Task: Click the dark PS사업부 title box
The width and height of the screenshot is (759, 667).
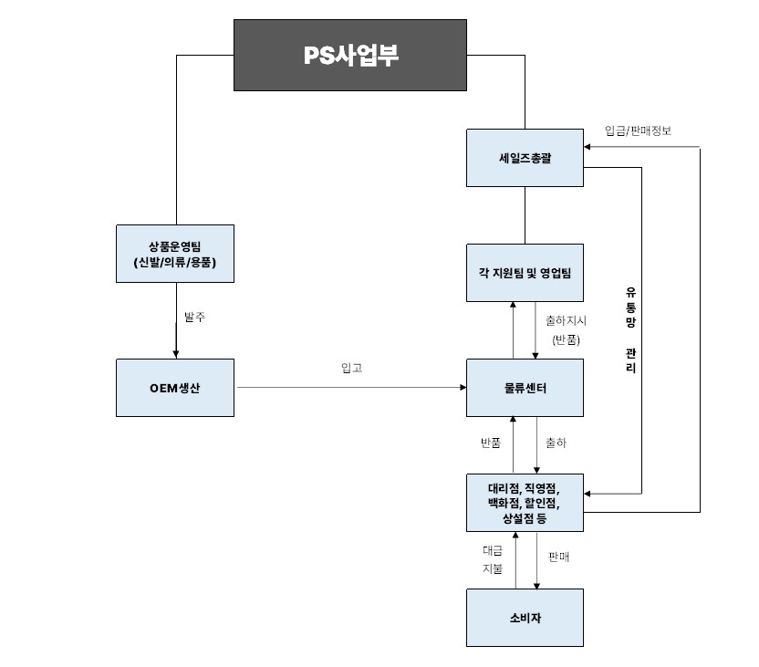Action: (350, 55)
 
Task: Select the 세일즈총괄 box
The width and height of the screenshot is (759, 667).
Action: (525, 158)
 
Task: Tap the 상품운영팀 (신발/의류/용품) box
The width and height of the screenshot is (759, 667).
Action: (175, 254)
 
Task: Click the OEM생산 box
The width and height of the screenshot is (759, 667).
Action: (175, 388)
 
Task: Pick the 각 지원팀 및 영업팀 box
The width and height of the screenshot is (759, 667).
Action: (525, 273)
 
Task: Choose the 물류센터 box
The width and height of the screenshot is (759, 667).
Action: (525, 388)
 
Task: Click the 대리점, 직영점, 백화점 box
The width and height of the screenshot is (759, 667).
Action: (525, 503)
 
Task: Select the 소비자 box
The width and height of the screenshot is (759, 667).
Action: (525, 618)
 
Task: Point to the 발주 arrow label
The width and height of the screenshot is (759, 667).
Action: (194, 317)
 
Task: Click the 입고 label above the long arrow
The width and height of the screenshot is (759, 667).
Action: (352, 368)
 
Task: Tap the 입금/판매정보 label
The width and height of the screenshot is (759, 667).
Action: (638, 130)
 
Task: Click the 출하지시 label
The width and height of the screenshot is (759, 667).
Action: (566, 320)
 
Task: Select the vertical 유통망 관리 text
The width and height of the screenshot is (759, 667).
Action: (630, 330)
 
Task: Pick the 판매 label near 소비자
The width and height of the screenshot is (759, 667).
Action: (558, 557)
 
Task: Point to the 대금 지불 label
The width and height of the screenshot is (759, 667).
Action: (493, 559)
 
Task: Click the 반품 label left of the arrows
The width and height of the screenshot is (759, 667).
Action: (491, 443)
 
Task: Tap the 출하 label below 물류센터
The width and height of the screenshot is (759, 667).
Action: (556, 443)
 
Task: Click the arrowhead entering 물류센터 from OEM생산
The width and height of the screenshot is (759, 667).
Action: (463, 387)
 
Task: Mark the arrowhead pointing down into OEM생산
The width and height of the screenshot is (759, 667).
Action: (176, 355)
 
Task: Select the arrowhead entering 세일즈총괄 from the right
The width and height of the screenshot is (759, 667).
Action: (587, 147)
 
